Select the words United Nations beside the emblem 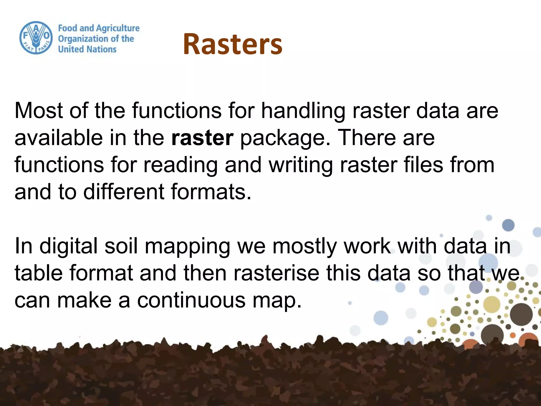pyautogui.click(x=87, y=49)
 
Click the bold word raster pyautogui.click(x=202, y=138)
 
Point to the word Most pyautogui.click(x=39, y=110)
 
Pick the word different pyautogui.click(x=124, y=192)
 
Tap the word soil pyautogui.click(x=121, y=246)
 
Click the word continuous pyautogui.click(x=191, y=301)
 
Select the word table pyautogui.click(x=39, y=273)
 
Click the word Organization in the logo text pyautogui.click(x=83, y=39)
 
